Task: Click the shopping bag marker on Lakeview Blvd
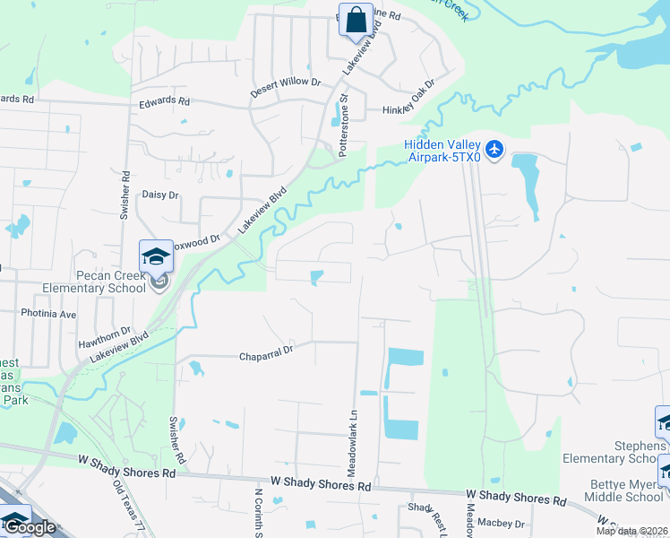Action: tap(356, 20)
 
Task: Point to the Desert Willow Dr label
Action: tap(291, 82)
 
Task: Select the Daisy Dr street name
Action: tap(160, 194)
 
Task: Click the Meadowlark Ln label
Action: tap(351, 442)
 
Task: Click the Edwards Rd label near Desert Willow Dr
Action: tap(165, 102)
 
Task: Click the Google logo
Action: tap(30, 528)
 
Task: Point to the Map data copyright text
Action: tap(632, 531)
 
